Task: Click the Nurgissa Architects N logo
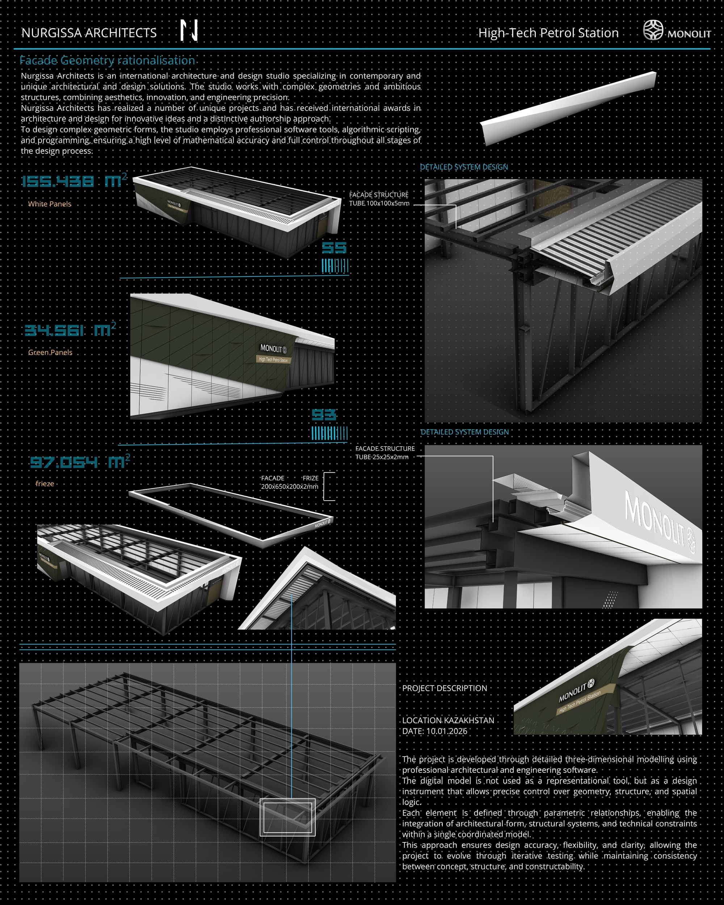click(189, 31)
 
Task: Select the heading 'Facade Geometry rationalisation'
click(108, 60)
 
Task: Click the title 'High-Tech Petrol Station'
click(548, 33)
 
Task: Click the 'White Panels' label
click(50, 204)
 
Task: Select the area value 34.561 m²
click(70, 329)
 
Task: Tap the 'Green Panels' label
click(50, 352)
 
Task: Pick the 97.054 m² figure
click(80, 461)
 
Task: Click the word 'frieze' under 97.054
click(45, 484)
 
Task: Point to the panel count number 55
click(334, 248)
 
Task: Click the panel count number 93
click(324, 415)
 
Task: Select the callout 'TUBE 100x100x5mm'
click(379, 203)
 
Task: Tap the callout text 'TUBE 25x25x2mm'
click(382, 457)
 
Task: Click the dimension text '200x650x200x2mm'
click(290, 487)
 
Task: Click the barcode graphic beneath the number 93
click(329, 433)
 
